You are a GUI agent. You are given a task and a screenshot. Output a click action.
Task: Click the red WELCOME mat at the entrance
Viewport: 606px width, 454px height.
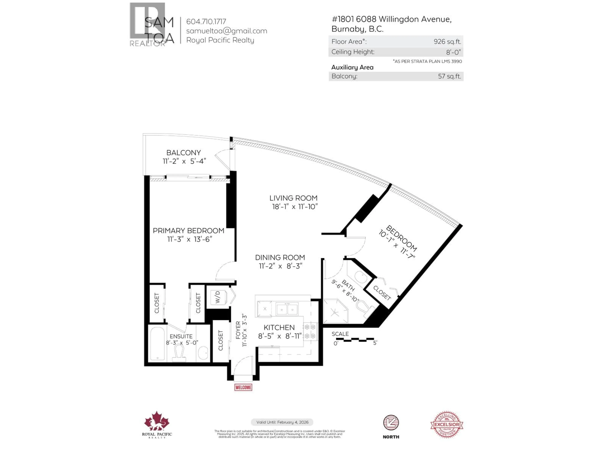click(x=243, y=387)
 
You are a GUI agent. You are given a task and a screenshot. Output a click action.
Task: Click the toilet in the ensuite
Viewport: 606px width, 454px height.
click(x=179, y=353)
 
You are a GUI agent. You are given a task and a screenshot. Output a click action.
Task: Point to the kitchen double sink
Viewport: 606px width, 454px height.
click(x=287, y=309)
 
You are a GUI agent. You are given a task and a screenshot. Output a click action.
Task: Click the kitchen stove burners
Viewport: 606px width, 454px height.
click(x=310, y=331)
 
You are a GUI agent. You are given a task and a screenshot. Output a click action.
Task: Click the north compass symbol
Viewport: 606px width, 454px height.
click(x=391, y=423)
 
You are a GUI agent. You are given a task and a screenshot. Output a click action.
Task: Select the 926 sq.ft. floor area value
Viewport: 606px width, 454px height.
click(x=447, y=42)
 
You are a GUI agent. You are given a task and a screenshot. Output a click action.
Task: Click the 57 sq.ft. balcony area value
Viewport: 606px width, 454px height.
click(x=449, y=76)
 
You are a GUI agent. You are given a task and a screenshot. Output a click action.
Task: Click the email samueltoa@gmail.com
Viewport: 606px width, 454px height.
click(x=227, y=31)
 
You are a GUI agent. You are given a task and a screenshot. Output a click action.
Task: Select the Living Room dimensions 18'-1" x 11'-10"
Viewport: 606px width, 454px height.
click(x=294, y=207)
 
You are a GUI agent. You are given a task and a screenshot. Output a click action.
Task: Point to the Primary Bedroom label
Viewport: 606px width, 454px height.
click(x=188, y=231)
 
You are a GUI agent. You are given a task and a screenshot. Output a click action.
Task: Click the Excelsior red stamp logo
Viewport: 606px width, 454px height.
click(x=447, y=425)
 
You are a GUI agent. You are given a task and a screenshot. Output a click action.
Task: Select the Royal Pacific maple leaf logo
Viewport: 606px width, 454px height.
click(x=157, y=421)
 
